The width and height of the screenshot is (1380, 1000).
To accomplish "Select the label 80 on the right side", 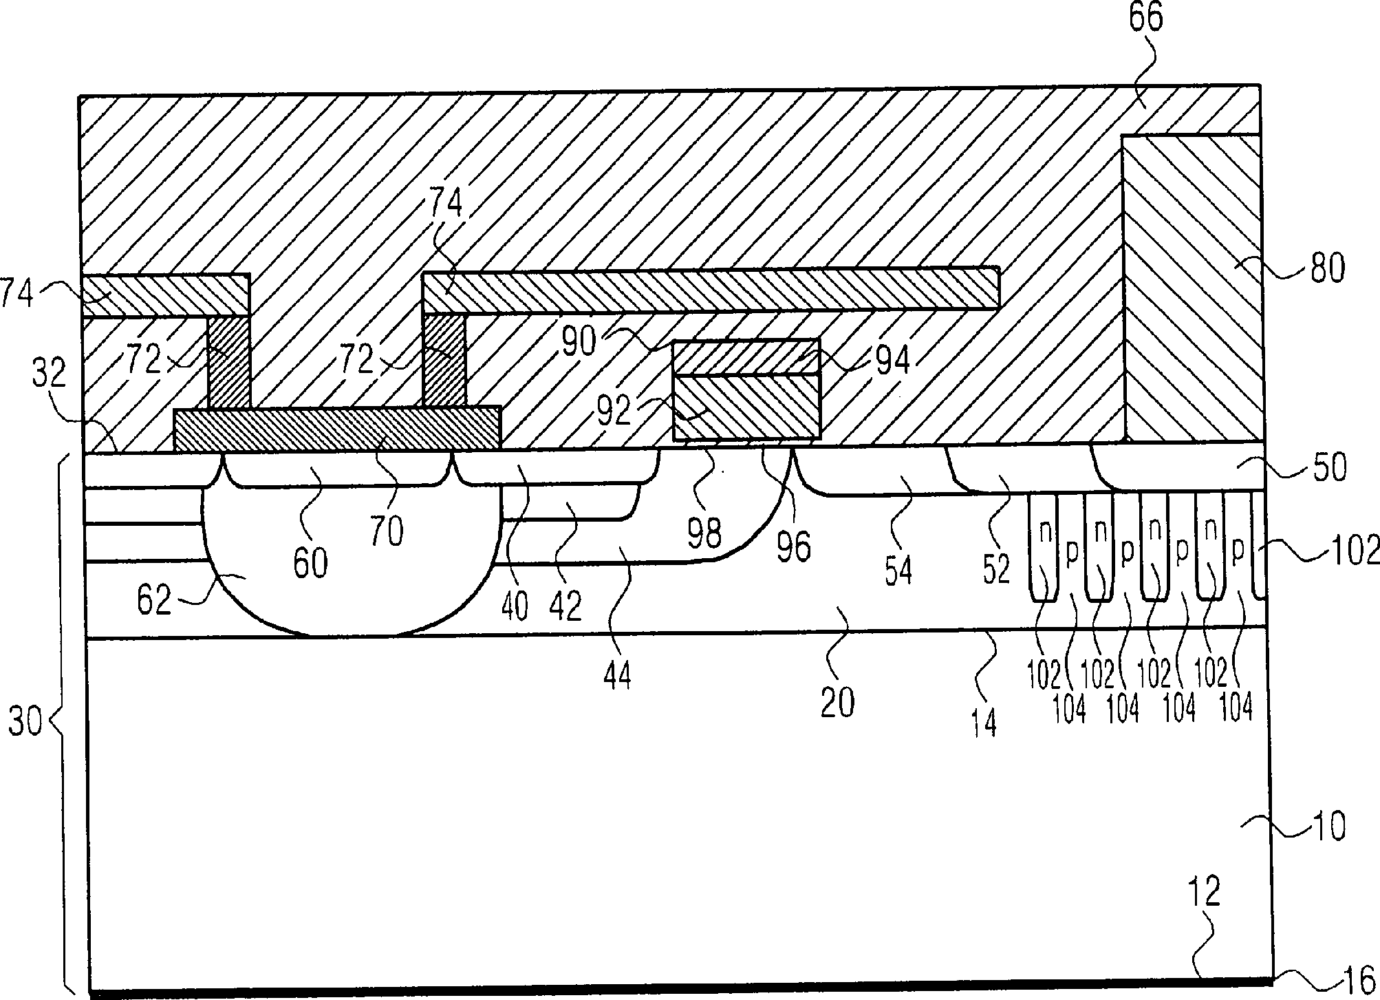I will point(1327,268).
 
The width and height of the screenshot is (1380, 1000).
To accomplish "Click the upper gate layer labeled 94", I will point(746,357).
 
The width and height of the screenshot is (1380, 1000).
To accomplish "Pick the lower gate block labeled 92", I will point(746,407).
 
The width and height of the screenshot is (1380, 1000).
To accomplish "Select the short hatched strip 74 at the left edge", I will point(165,295).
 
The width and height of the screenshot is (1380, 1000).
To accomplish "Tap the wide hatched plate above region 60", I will point(337,429).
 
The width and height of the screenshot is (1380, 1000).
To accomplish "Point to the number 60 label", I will point(310,563).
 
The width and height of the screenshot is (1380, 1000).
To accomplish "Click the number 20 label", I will point(837,702).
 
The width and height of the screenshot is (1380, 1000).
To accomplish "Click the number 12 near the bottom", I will point(1203,891).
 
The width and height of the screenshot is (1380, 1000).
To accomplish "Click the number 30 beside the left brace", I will point(25,724).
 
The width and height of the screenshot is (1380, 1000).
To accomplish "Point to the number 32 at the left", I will point(49,373).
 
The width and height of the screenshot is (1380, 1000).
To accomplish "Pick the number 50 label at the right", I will point(1330,468).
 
